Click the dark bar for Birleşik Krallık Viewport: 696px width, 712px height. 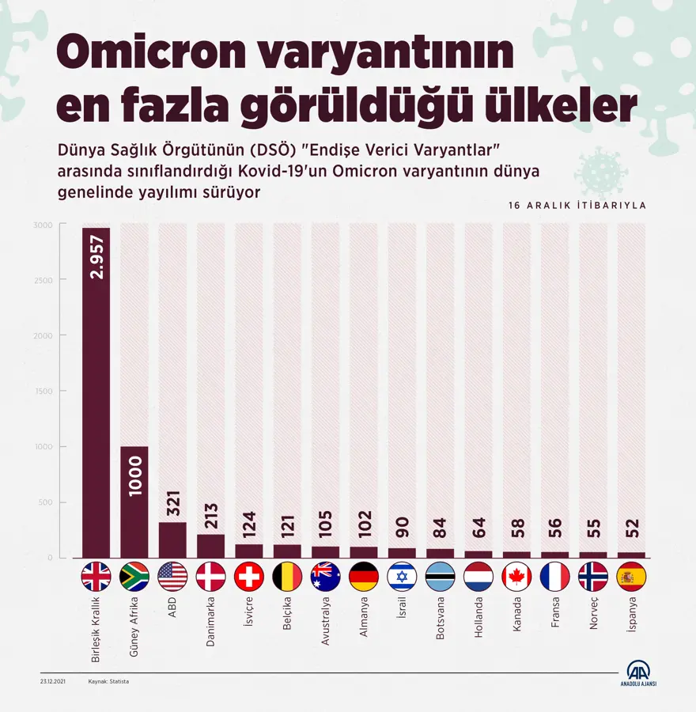[x=96, y=396]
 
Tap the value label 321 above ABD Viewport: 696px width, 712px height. [x=172, y=502]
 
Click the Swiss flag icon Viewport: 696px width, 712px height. [x=249, y=577]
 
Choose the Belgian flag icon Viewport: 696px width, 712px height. [x=287, y=577]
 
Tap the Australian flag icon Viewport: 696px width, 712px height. [x=325, y=577]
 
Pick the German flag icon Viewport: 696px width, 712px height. [x=364, y=577]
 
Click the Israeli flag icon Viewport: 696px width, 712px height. [x=402, y=577]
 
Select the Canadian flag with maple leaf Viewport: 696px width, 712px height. [x=516, y=577]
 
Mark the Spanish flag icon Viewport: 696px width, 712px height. [x=631, y=577]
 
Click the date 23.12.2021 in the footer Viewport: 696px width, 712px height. [x=52, y=681]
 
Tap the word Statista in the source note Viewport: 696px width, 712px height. [x=119, y=681]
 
